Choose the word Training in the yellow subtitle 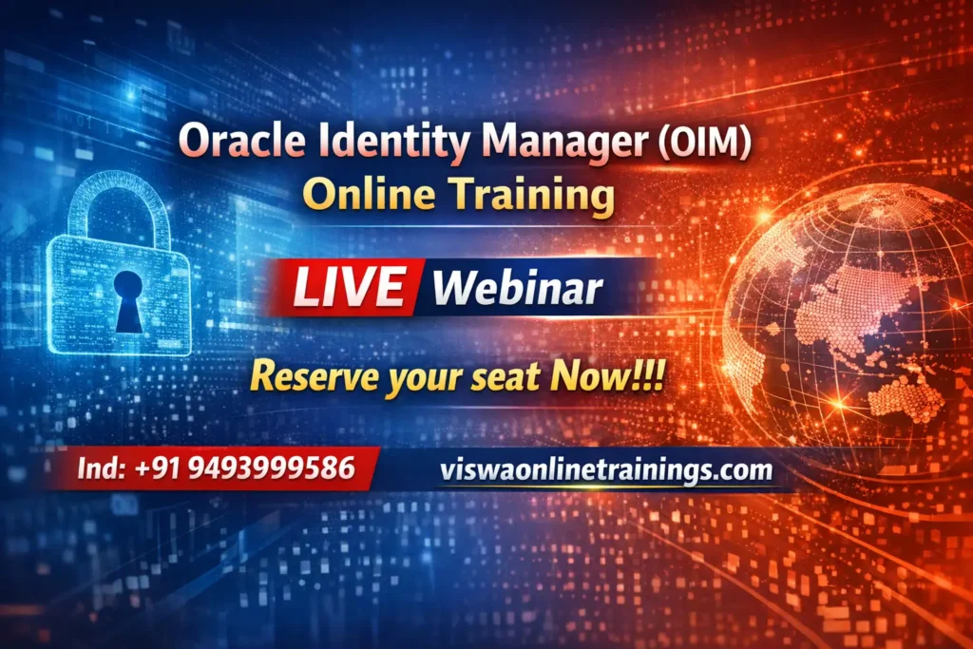click(532, 196)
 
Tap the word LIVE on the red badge click(350, 287)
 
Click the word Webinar click(517, 288)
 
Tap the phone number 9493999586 click(271, 468)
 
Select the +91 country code click(158, 468)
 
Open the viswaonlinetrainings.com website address click(606, 470)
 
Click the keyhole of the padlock click(128, 300)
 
